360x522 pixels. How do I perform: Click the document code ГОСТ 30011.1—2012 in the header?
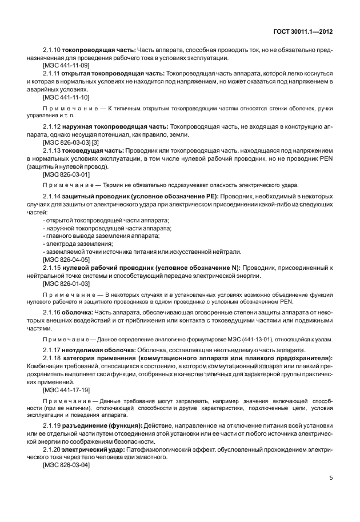pos(305,32)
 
